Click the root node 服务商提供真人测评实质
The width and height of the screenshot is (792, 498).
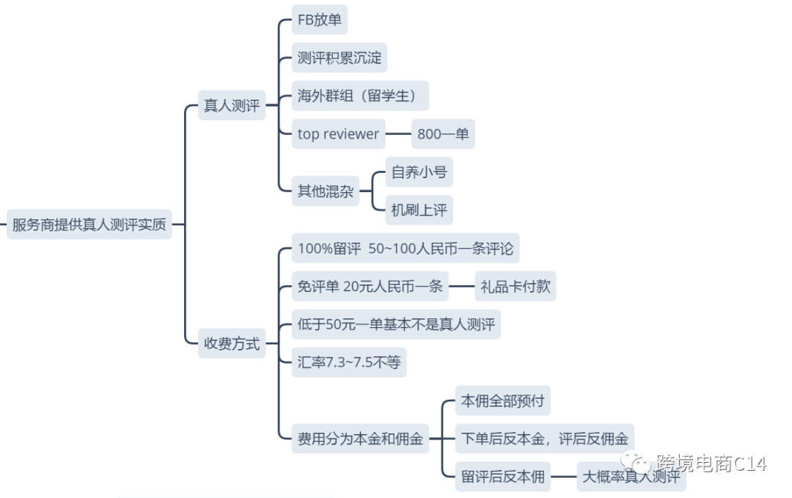(x=89, y=224)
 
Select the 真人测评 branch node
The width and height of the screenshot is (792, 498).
(x=232, y=106)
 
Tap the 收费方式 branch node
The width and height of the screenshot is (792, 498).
(x=232, y=343)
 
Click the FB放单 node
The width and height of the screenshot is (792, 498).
(x=319, y=20)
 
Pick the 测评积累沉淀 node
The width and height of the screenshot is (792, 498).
(x=340, y=58)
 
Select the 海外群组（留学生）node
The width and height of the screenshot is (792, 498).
(x=359, y=96)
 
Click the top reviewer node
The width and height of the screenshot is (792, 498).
(x=338, y=134)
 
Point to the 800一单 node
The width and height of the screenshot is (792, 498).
(x=443, y=134)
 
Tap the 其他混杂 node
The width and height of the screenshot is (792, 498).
(x=326, y=191)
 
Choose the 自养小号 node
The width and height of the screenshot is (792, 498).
(x=419, y=172)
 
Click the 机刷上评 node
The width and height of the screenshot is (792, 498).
(x=419, y=210)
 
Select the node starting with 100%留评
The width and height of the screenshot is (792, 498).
(x=406, y=248)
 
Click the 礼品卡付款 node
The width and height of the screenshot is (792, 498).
(x=515, y=286)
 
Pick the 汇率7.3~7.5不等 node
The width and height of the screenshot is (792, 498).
(x=349, y=362)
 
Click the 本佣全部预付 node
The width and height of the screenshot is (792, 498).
(x=502, y=401)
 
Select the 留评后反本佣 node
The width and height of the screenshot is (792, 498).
(x=502, y=477)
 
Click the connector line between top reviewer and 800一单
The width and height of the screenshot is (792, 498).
(x=398, y=134)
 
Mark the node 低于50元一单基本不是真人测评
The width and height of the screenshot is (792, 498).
(x=396, y=324)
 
